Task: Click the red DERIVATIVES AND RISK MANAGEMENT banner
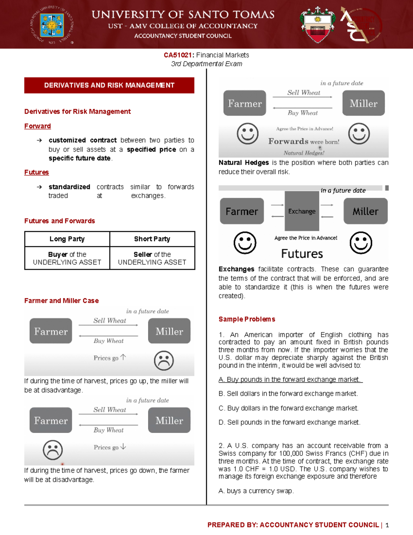pyautogui.click(x=109, y=85)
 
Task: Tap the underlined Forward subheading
pyautogui.click(x=38, y=126)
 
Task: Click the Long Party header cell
pyautogui.click(x=67, y=239)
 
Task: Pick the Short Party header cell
pyautogui.click(x=152, y=239)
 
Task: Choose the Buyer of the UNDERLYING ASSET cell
pyautogui.click(x=67, y=258)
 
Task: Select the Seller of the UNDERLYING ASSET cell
pyautogui.click(x=152, y=258)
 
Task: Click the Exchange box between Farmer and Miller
pyautogui.click(x=302, y=211)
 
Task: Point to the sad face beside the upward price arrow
pyautogui.click(x=164, y=361)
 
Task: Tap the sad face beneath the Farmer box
pyautogui.click(x=53, y=450)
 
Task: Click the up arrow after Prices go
pyautogui.click(x=123, y=357)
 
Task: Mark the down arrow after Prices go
pyautogui.click(x=123, y=447)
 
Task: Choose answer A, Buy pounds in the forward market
pyautogui.click(x=290, y=380)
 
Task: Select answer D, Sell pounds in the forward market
pyautogui.click(x=289, y=422)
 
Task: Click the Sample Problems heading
pyautogui.click(x=247, y=319)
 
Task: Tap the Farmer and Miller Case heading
pyautogui.click(x=61, y=301)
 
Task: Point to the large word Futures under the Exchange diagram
pyautogui.click(x=302, y=254)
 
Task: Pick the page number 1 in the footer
pyautogui.click(x=387, y=525)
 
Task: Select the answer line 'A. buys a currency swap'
pyautogui.click(x=256, y=491)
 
